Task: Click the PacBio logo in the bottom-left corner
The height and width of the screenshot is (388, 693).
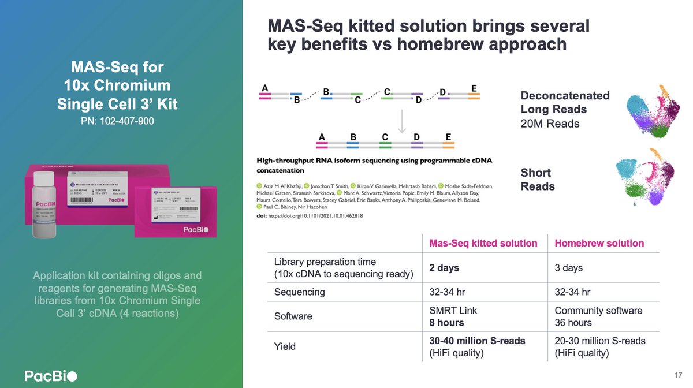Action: point(50,376)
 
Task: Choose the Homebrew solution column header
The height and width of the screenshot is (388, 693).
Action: point(599,243)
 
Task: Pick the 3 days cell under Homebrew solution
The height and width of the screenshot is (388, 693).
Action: point(568,267)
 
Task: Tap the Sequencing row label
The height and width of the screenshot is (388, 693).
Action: point(299,292)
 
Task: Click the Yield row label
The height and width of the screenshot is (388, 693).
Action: point(285,346)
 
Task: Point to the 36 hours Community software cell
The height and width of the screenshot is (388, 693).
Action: point(573,323)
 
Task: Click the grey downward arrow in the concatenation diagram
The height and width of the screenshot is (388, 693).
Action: point(403,121)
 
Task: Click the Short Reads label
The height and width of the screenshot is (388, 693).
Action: point(538,179)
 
